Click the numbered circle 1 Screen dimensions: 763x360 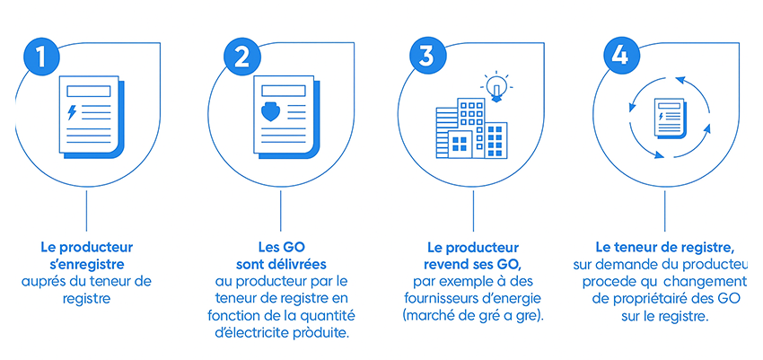point(41,57)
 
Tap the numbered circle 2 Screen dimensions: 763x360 point(241,57)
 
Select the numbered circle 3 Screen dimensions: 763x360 point(426,57)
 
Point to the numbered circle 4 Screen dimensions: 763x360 point(619,57)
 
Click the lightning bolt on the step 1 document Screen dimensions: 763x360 point(72,112)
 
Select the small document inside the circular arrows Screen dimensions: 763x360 point(670,118)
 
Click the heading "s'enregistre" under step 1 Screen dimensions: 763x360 point(86,265)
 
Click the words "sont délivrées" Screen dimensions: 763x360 point(281,264)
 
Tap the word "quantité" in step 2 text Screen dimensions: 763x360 point(333,316)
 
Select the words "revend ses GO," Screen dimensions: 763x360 point(472,265)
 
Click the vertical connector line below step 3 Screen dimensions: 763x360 point(473,211)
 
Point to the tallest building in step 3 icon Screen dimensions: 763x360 point(471,128)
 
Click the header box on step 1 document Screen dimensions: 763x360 point(89,91)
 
